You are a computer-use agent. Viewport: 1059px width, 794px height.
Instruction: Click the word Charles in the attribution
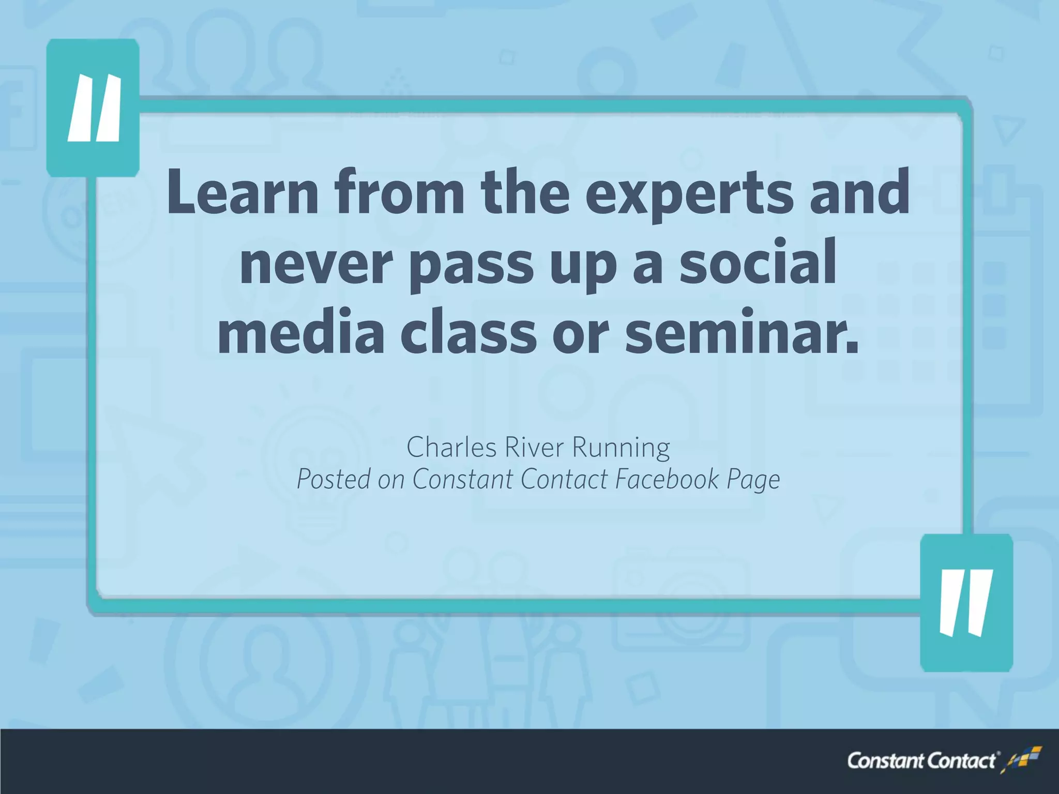pos(451,447)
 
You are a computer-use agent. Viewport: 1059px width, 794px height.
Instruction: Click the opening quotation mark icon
pos(93,108)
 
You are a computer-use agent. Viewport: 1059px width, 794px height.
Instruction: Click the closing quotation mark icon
pos(966,603)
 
